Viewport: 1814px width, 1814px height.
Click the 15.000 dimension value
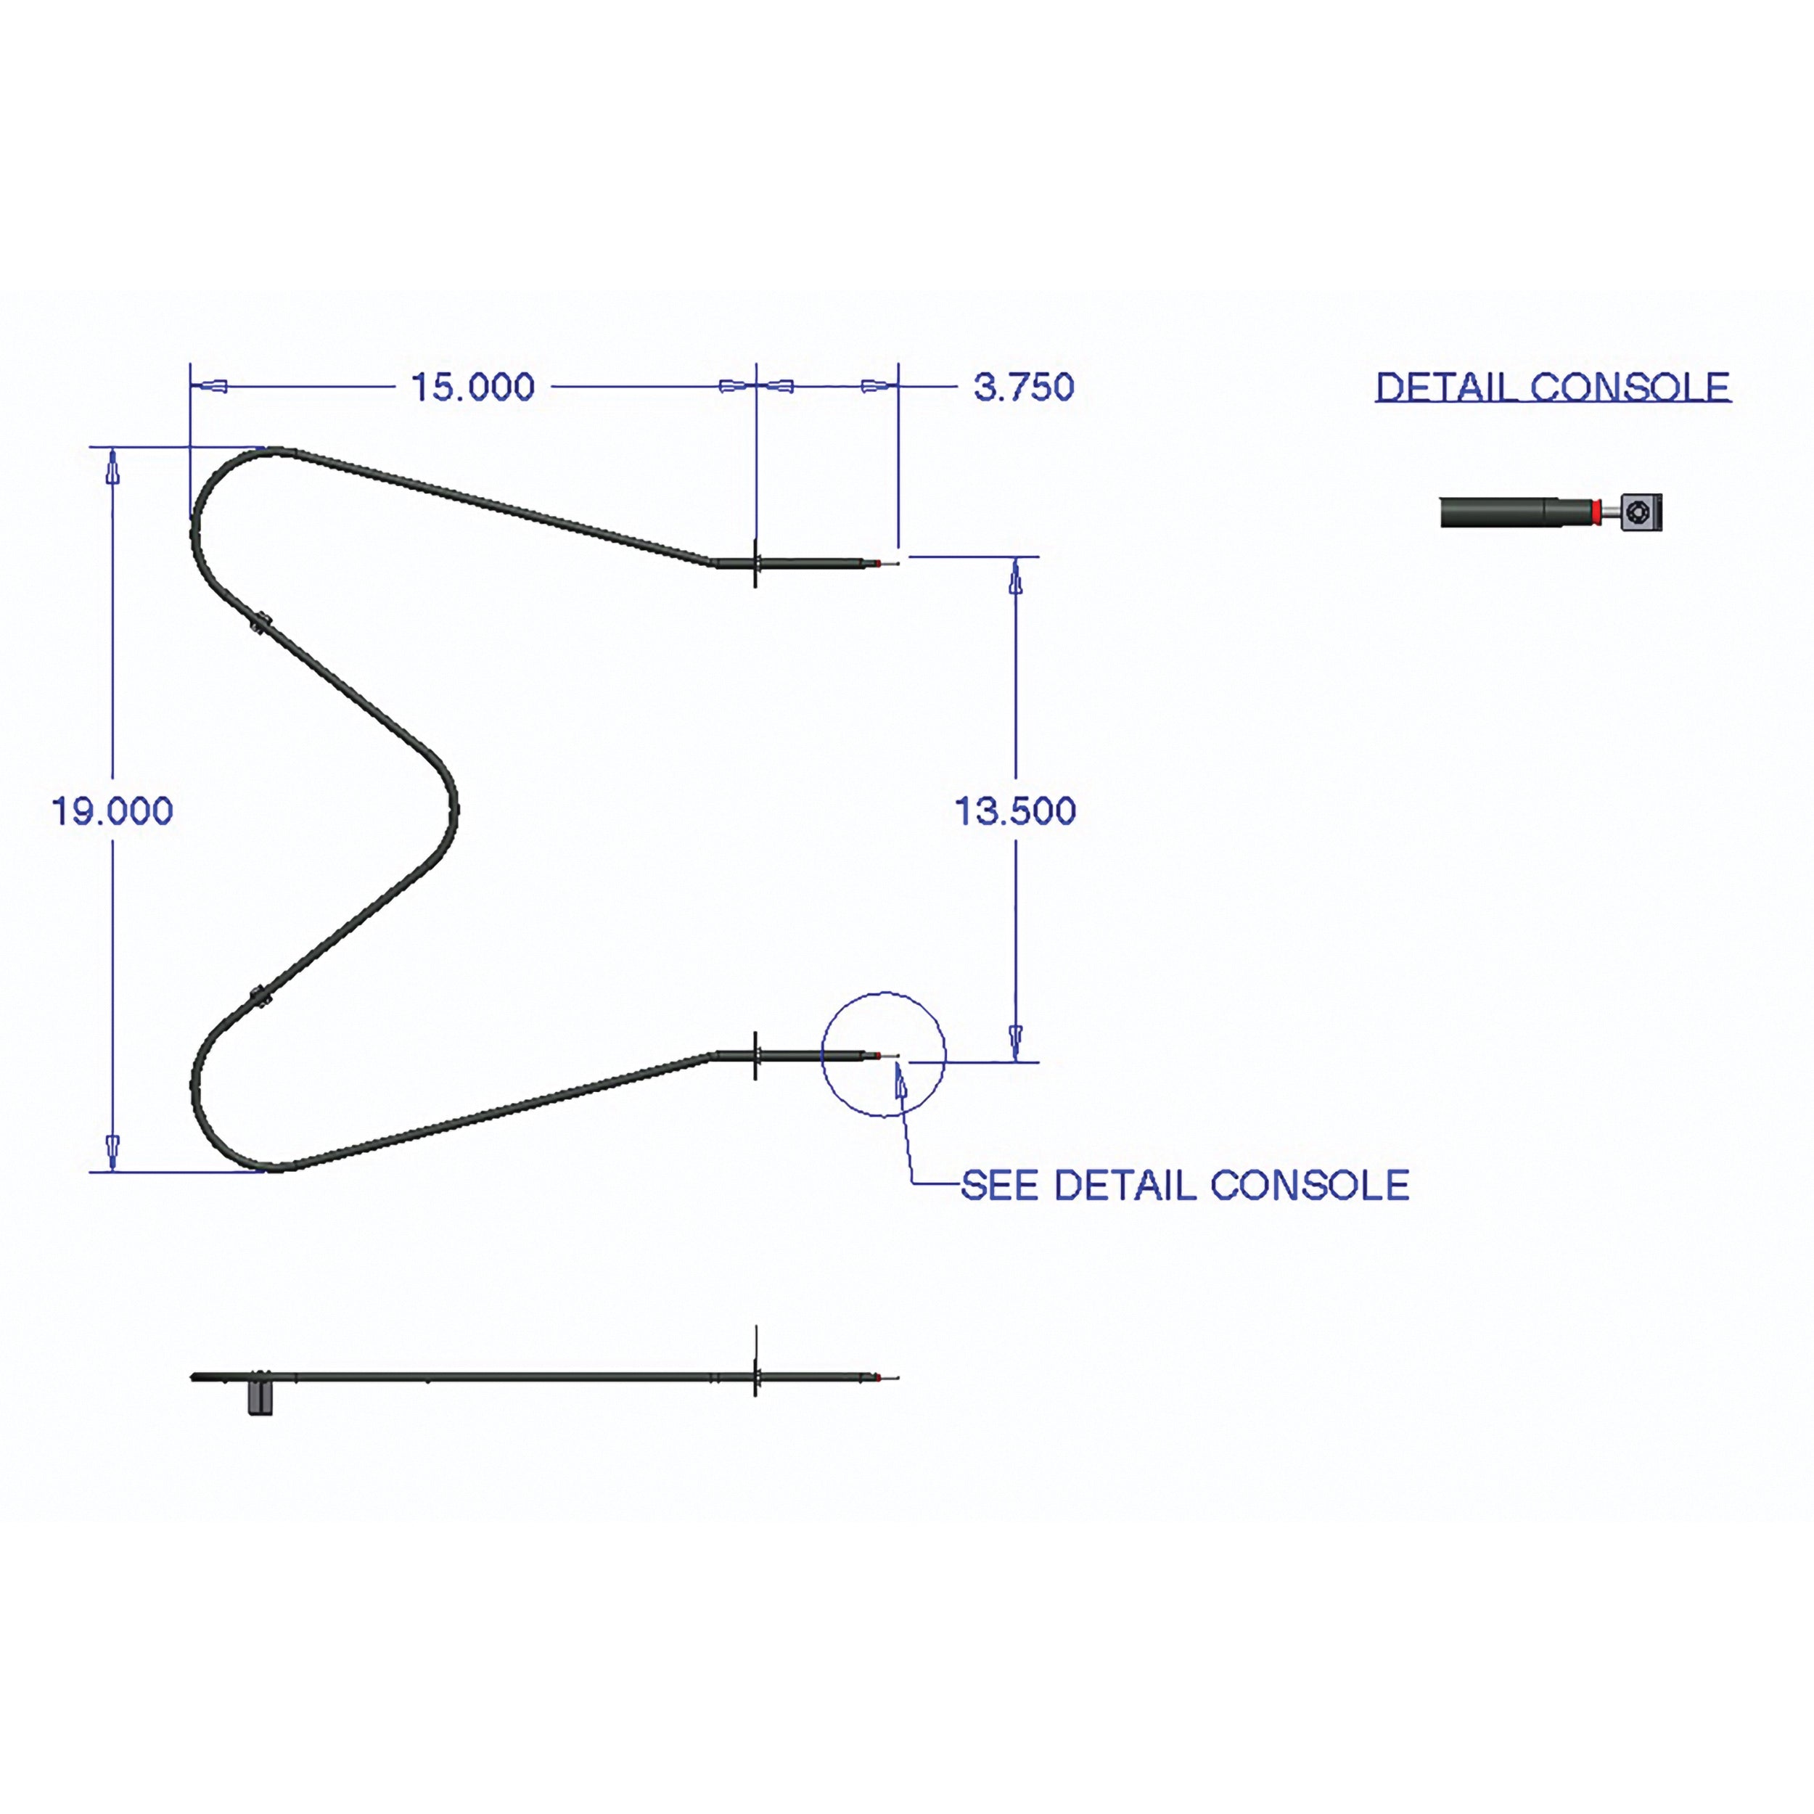473,387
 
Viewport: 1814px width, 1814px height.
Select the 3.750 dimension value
1023,387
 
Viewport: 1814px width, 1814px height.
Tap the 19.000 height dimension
112,811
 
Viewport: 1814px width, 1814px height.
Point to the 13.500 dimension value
1015,811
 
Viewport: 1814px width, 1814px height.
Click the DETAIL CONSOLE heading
1553,387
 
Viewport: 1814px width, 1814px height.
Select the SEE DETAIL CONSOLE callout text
1185,1186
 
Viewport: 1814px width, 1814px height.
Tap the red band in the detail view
1594,512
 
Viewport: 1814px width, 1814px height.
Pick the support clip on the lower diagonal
260,997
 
